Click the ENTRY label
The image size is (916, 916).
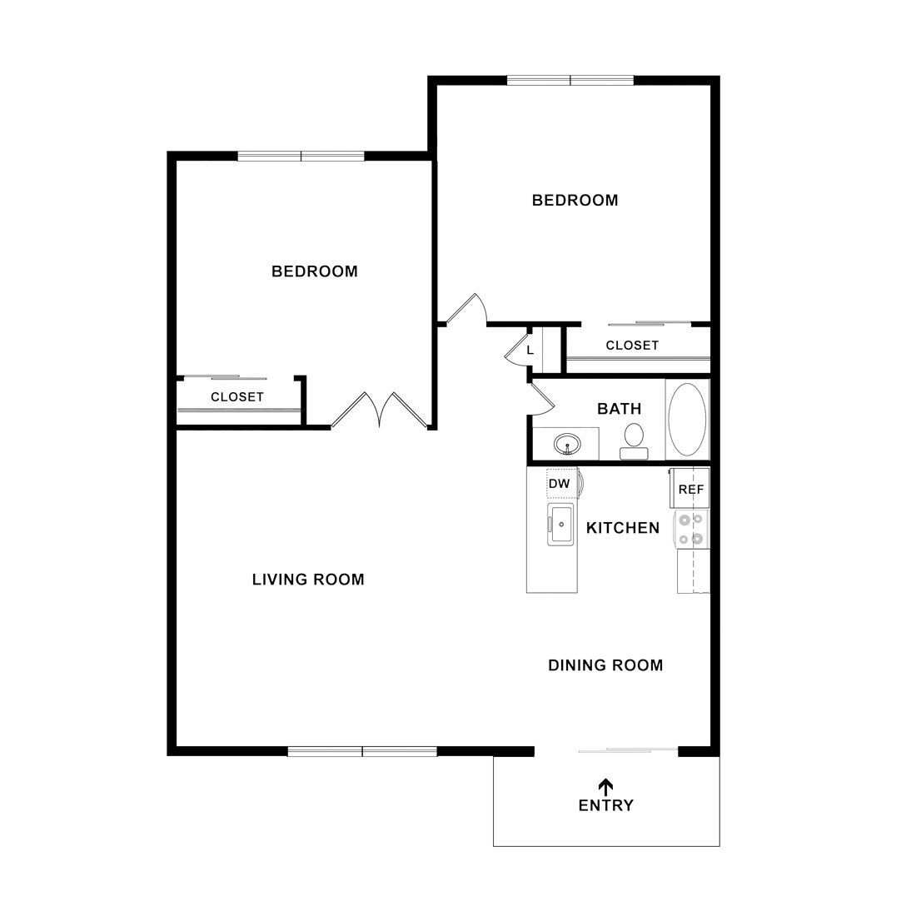pyautogui.click(x=605, y=805)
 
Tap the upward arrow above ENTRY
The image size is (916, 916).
pyautogui.click(x=605, y=785)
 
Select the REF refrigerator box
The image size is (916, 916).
pyautogui.click(x=691, y=490)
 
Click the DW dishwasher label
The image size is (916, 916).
pyautogui.click(x=559, y=483)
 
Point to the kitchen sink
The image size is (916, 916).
pyautogui.click(x=561, y=525)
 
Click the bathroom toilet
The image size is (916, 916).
pyautogui.click(x=635, y=439)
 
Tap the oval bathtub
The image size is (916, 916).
pyautogui.click(x=687, y=419)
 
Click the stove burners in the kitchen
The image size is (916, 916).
pyautogui.click(x=691, y=530)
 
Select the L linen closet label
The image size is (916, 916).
pyautogui.click(x=530, y=350)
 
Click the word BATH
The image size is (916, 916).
pyautogui.click(x=620, y=409)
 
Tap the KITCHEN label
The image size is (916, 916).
pyautogui.click(x=623, y=528)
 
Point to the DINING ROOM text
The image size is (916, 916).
pyautogui.click(x=605, y=665)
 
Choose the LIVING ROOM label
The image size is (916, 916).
pyautogui.click(x=308, y=580)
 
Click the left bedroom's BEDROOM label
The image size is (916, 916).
pyautogui.click(x=315, y=271)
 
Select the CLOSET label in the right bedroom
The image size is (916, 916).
pyautogui.click(x=632, y=346)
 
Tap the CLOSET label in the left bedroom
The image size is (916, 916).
pyautogui.click(x=237, y=397)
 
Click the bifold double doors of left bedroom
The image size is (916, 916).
pyautogui.click(x=380, y=410)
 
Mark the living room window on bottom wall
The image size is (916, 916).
pyautogui.click(x=362, y=752)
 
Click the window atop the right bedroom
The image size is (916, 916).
pyautogui.click(x=570, y=81)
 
